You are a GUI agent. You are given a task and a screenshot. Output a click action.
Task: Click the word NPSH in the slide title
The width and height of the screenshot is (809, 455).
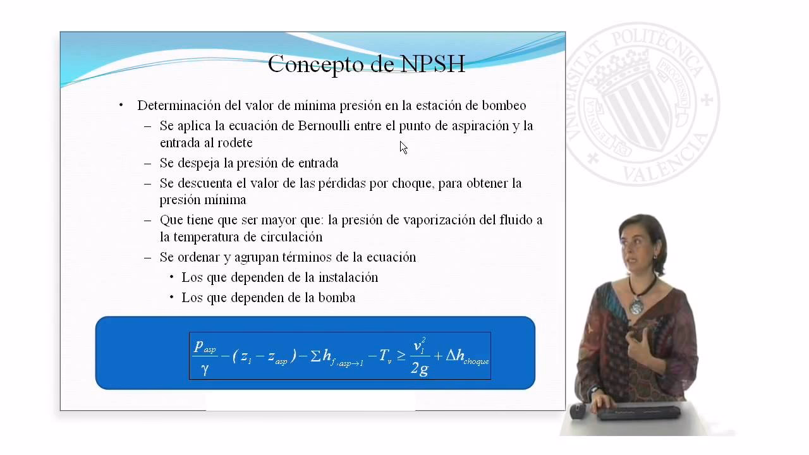tap(433, 64)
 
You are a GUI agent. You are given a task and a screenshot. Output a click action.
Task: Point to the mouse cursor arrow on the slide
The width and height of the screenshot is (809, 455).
tap(403, 147)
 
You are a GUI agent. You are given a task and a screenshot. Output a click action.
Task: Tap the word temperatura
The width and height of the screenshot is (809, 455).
tap(199, 237)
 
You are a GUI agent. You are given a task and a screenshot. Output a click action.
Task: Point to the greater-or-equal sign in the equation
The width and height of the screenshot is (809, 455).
tap(401, 356)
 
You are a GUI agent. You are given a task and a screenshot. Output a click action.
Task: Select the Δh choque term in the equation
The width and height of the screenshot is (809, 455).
tap(467, 356)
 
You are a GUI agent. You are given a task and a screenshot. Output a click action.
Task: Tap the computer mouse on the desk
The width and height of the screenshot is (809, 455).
tap(578, 411)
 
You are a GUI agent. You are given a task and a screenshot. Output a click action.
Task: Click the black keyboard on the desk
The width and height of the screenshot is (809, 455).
tap(638, 413)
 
